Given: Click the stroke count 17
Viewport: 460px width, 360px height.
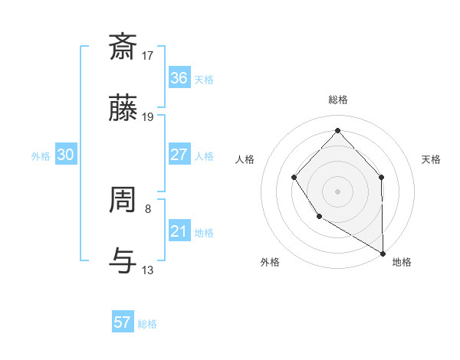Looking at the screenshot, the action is [x=149, y=55].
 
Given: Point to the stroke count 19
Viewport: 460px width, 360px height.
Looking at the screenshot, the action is [x=149, y=117].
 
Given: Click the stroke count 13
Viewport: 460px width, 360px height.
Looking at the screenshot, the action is [x=149, y=270].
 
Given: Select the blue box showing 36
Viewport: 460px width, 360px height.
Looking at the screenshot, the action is [x=179, y=78].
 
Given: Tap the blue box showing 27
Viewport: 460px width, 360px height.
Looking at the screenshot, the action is [x=179, y=155].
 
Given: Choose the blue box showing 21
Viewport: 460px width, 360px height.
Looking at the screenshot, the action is [x=179, y=231].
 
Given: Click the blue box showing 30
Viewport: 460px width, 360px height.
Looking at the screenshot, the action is [x=66, y=155].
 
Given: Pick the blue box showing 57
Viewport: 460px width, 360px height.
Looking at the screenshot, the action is [x=123, y=322].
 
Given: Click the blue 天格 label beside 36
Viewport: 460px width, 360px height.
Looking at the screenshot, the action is [x=204, y=80].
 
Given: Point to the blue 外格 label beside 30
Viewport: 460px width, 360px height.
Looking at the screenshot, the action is [x=41, y=156].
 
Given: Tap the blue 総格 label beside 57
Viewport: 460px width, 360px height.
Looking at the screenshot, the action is [x=147, y=324].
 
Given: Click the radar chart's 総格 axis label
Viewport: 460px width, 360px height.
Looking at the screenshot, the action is [x=337, y=100].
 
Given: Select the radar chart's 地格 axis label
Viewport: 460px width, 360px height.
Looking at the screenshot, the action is [x=402, y=262].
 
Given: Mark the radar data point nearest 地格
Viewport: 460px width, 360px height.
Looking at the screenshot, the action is [x=383, y=253].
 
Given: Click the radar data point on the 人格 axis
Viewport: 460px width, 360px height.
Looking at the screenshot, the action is [x=294, y=178].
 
